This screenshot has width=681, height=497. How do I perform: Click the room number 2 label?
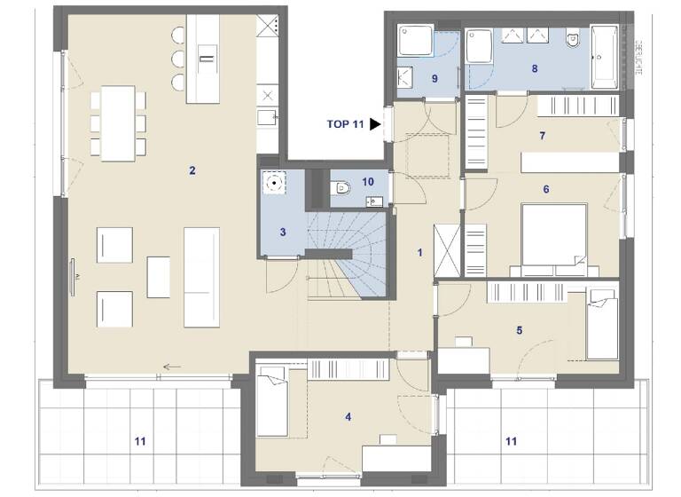192,170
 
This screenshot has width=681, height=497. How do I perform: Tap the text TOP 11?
345,125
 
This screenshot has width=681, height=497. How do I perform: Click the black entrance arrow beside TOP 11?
376,125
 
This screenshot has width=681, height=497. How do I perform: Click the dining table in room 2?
118,122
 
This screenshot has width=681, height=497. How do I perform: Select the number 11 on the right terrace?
511,440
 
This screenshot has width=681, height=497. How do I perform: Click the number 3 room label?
282,233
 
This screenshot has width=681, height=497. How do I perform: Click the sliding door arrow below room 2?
172,366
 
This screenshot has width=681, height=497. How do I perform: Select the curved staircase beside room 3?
348,253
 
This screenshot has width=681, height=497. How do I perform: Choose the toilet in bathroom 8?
572,37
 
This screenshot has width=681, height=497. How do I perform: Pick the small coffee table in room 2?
159,277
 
